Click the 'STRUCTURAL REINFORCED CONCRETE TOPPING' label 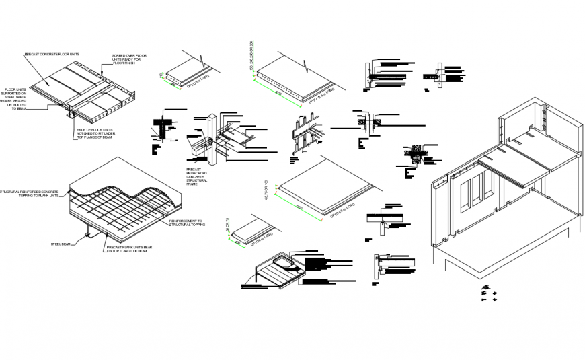tap(30, 194)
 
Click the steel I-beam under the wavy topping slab tap(88, 234)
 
